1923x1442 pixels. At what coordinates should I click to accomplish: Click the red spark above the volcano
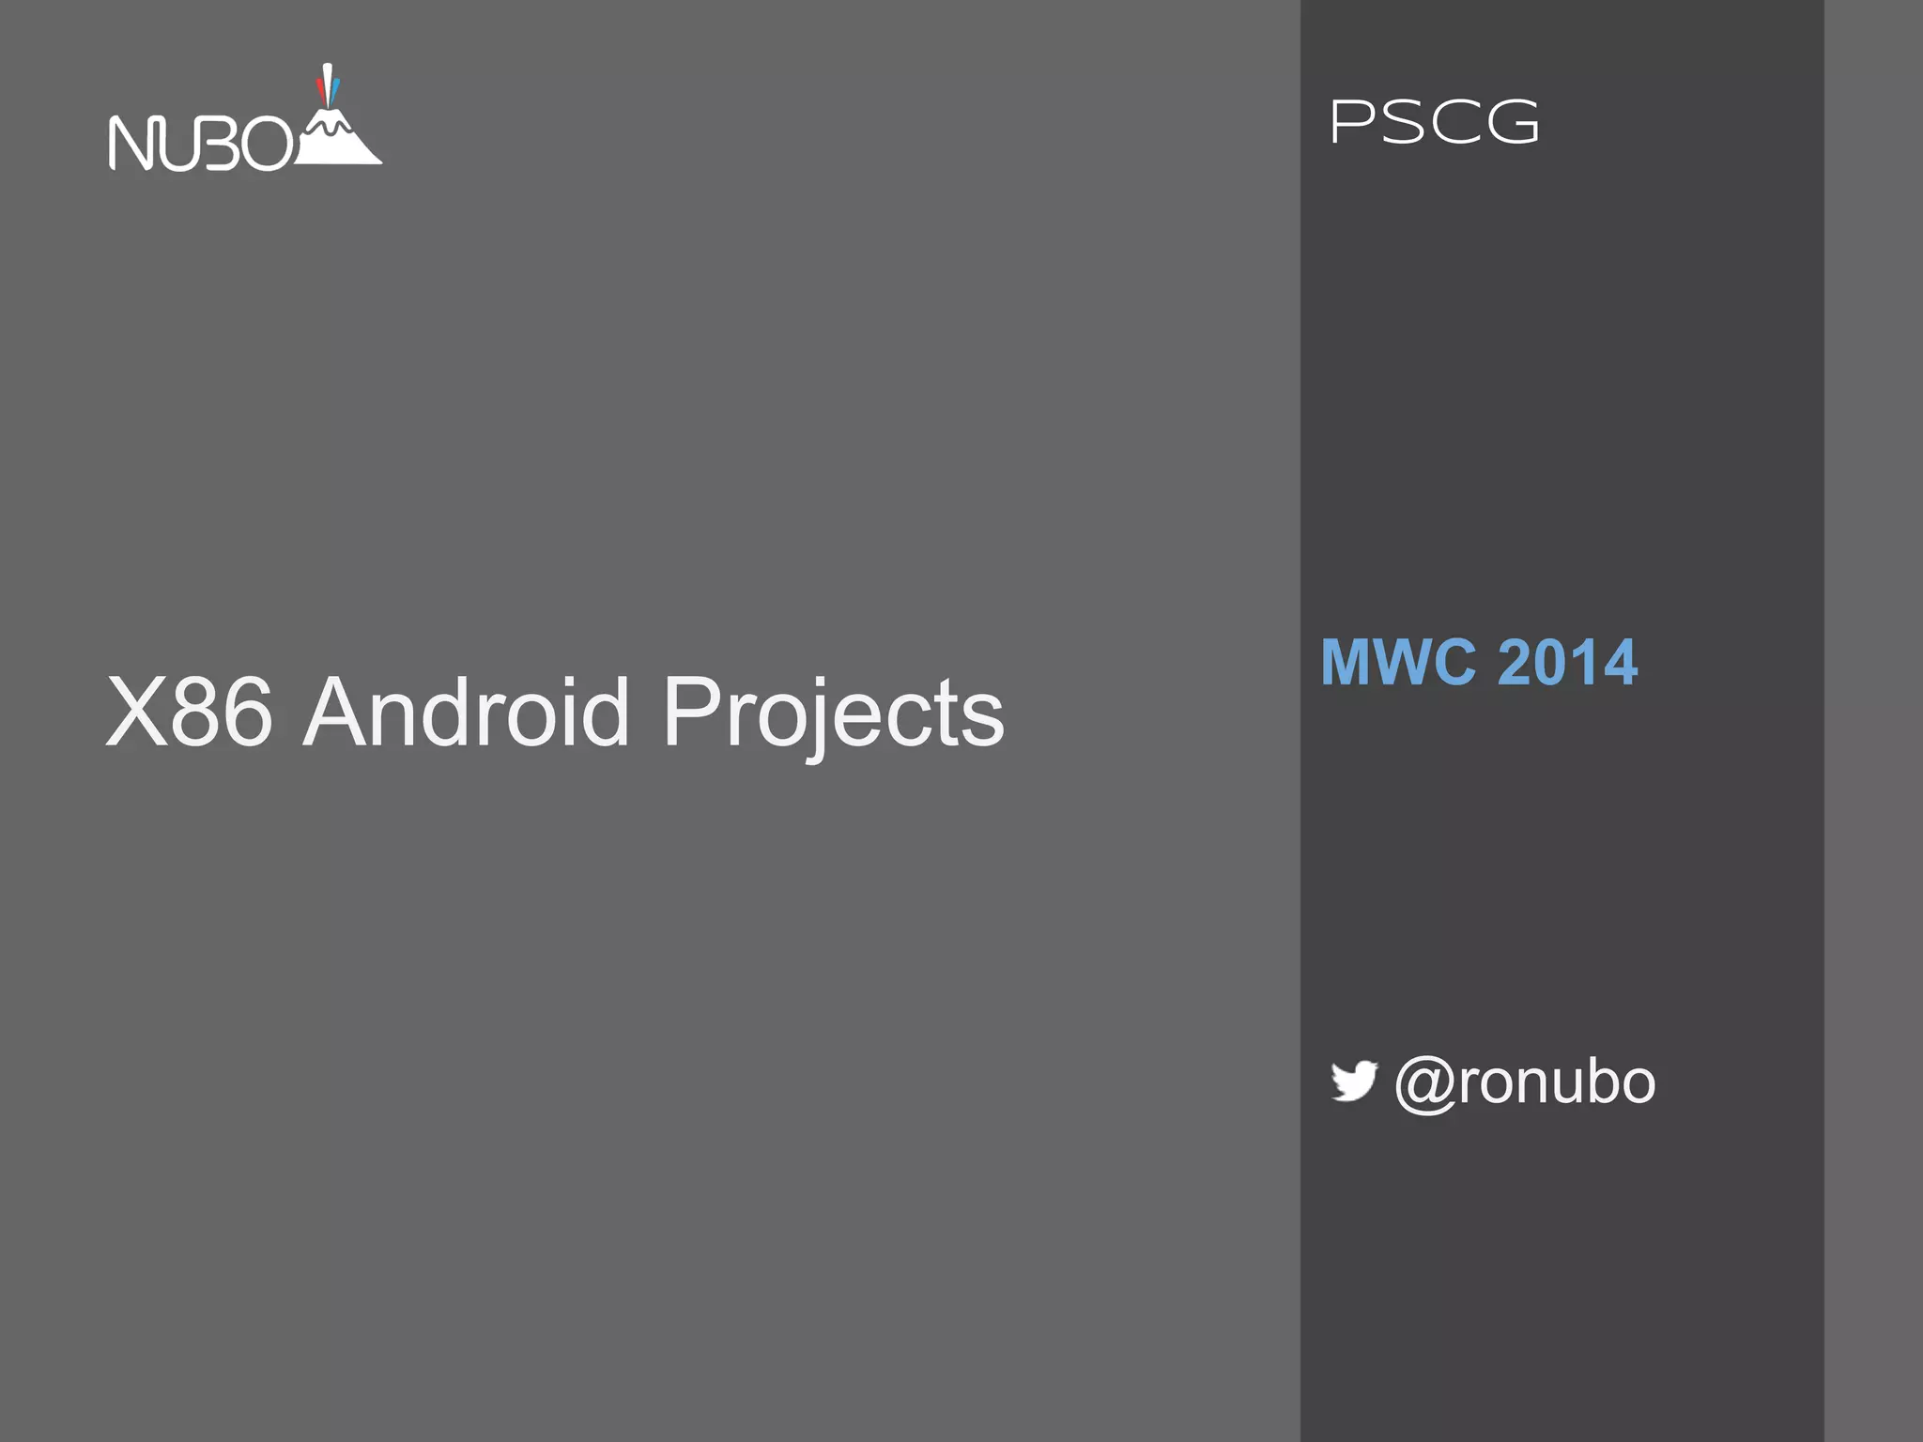tap(320, 90)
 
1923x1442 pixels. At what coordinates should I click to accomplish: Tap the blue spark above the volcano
tap(335, 91)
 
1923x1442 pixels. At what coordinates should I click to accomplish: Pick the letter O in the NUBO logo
tap(267, 144)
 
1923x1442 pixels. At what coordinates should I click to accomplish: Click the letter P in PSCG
tap(1351, 123)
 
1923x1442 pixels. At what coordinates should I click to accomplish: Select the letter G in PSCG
tap(1513, 123)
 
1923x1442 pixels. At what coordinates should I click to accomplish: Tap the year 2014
tap(1567, 662)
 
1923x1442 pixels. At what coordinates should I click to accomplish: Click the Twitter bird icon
tap(1354, 1081)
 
